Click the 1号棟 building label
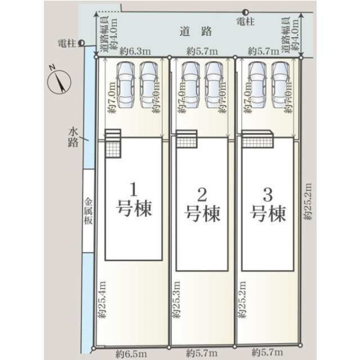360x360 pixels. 134,200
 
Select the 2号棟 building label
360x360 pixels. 202,204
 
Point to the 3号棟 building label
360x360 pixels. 268,204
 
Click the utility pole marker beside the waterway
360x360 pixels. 81,43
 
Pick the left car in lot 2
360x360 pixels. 191,82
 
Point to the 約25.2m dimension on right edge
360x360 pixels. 308,201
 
